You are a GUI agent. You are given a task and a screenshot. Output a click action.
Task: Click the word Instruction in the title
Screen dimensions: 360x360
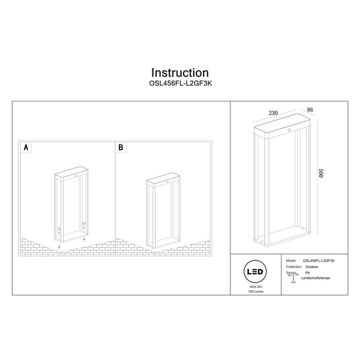(x=180, y=73)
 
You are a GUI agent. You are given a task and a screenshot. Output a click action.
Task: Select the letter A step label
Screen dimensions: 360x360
(x=26, y=146)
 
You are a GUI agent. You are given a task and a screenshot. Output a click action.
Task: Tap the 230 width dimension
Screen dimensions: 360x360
(x=273, y=112)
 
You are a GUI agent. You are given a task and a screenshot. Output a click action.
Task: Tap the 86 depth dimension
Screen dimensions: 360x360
(x=310, y=110)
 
